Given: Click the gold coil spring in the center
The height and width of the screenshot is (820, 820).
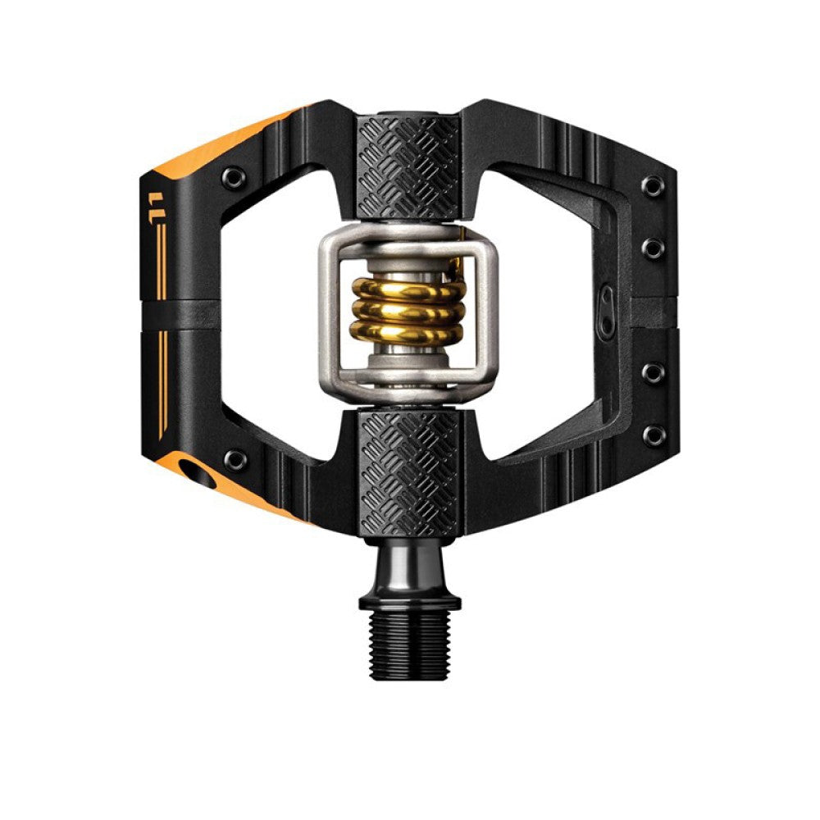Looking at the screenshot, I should click(408, 312).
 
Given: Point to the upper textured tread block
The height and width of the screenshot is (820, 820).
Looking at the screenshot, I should click(409, 157).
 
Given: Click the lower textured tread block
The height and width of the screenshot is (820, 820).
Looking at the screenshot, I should click(409, 471).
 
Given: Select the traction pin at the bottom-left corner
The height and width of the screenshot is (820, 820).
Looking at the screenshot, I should click(235, 459).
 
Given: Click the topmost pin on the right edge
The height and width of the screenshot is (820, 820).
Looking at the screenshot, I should click(652, 186).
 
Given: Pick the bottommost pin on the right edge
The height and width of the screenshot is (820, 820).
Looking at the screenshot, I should click(652, 435).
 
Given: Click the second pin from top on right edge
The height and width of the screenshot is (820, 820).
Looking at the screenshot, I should click(652, 248).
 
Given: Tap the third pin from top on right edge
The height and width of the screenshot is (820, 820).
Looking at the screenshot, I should click(652, 373).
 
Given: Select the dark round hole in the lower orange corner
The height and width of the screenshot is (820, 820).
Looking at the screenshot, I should click(198, 473).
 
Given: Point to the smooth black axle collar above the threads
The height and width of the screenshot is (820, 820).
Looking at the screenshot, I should click(409, 570).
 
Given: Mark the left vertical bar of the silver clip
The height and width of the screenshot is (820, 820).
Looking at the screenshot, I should click(330, 316).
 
